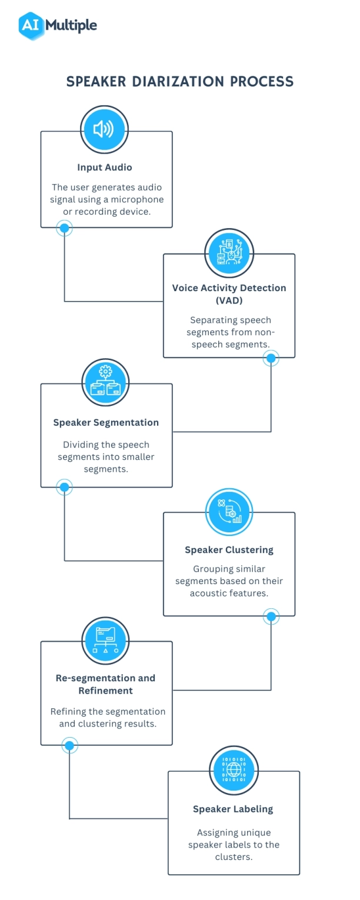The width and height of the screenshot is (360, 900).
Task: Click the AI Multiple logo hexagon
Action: [x=32, y=25]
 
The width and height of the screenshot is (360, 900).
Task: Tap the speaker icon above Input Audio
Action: [x=104, y=129]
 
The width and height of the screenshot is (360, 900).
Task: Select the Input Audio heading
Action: [x=105, y=168]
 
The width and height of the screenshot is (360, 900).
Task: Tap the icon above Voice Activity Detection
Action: [x=228, y=252]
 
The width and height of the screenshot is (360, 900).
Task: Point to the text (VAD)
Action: [x=229, y=300]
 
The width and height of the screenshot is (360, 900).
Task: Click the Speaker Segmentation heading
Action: [x=106, y=422]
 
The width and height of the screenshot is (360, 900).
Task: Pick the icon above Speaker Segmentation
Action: [x=105, y=382]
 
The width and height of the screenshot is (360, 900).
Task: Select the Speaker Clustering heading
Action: [x=229, y=550]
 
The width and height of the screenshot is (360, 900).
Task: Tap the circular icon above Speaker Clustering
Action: [x=229, y=511]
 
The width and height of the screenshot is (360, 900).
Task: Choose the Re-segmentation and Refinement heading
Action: [x=106, y=684]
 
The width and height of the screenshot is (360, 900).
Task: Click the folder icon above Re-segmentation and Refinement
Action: [x=105, y=640]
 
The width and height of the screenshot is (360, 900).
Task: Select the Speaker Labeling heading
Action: [x=233, y=809]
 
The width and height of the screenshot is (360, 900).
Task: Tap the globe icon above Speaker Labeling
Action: [x=233, y=769]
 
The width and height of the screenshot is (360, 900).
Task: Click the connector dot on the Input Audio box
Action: [x=64, y=228]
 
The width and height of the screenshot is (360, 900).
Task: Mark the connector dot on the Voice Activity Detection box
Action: [x=271, y=358]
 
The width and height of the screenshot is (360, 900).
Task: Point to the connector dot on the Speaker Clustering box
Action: [x=271, y=616]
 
